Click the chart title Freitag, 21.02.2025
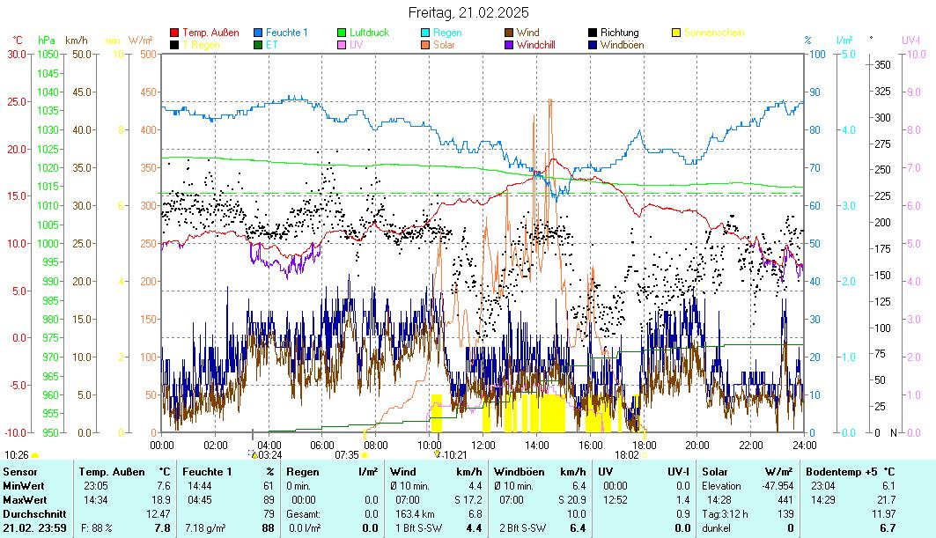tap(468, 12)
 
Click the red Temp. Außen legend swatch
tap(174, 33)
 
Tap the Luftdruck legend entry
tap(369, 33)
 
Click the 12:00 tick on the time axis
tap(483, 445)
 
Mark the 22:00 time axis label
tap(750, 445)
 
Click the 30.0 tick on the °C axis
tap(17, 54)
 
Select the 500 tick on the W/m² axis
tap(148, 54)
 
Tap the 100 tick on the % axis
tap(816, 54)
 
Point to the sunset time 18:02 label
tap(626, 454)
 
